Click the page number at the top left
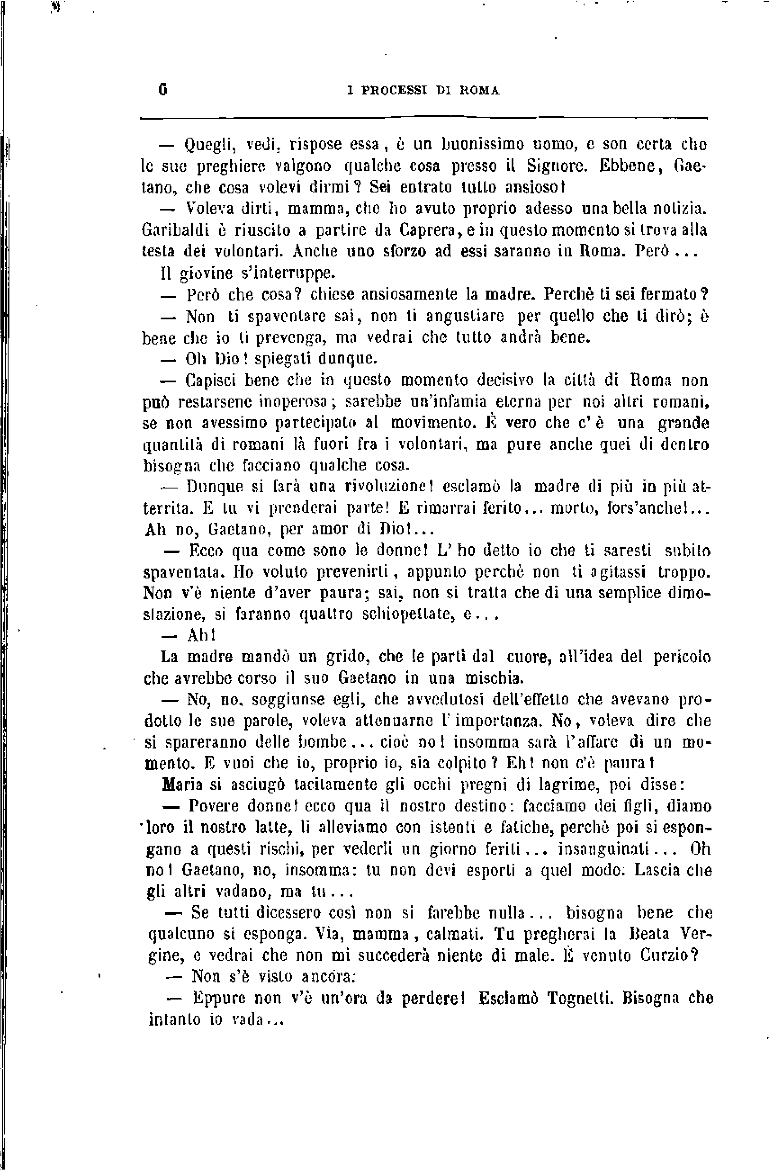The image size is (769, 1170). (x=163, y=90)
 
